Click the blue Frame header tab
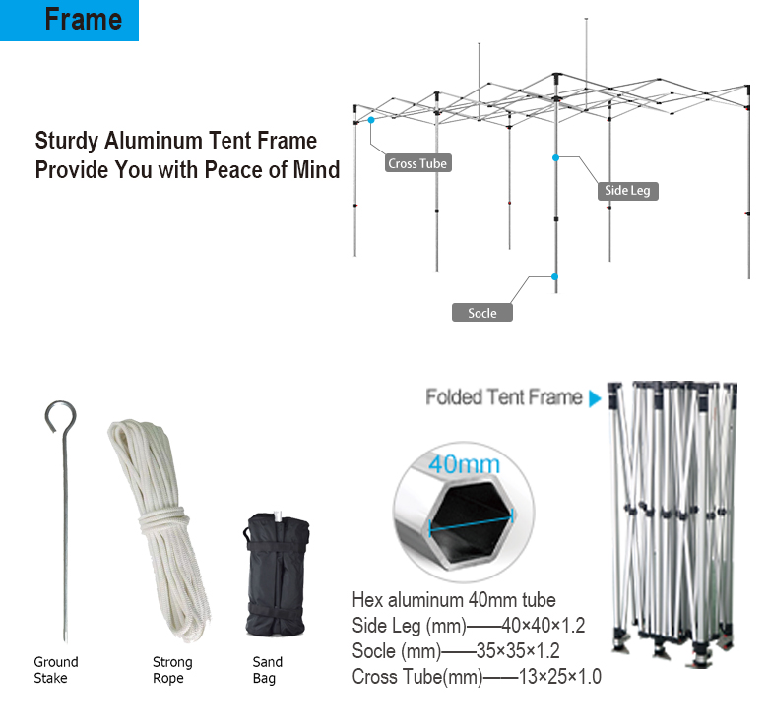click(69, 20)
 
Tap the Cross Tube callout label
click(417, 163)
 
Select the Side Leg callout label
click(627, 190)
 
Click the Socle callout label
click(481, 313)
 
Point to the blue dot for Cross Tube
click(371, 120)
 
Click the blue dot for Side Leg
click(555, 157)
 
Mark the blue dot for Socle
click(554, 276)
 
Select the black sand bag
click(276, 575)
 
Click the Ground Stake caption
click(55, 670)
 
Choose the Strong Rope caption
click(172, 670)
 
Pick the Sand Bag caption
click(268, 670)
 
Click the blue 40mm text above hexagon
click(464, 464)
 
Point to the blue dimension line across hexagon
click(471, 522)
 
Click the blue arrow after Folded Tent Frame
click(595, 398)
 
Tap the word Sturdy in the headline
click(67, 141)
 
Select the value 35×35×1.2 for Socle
click(518, 650)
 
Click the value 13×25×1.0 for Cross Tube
click(560, 677)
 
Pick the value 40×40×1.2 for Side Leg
click(544, 626)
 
